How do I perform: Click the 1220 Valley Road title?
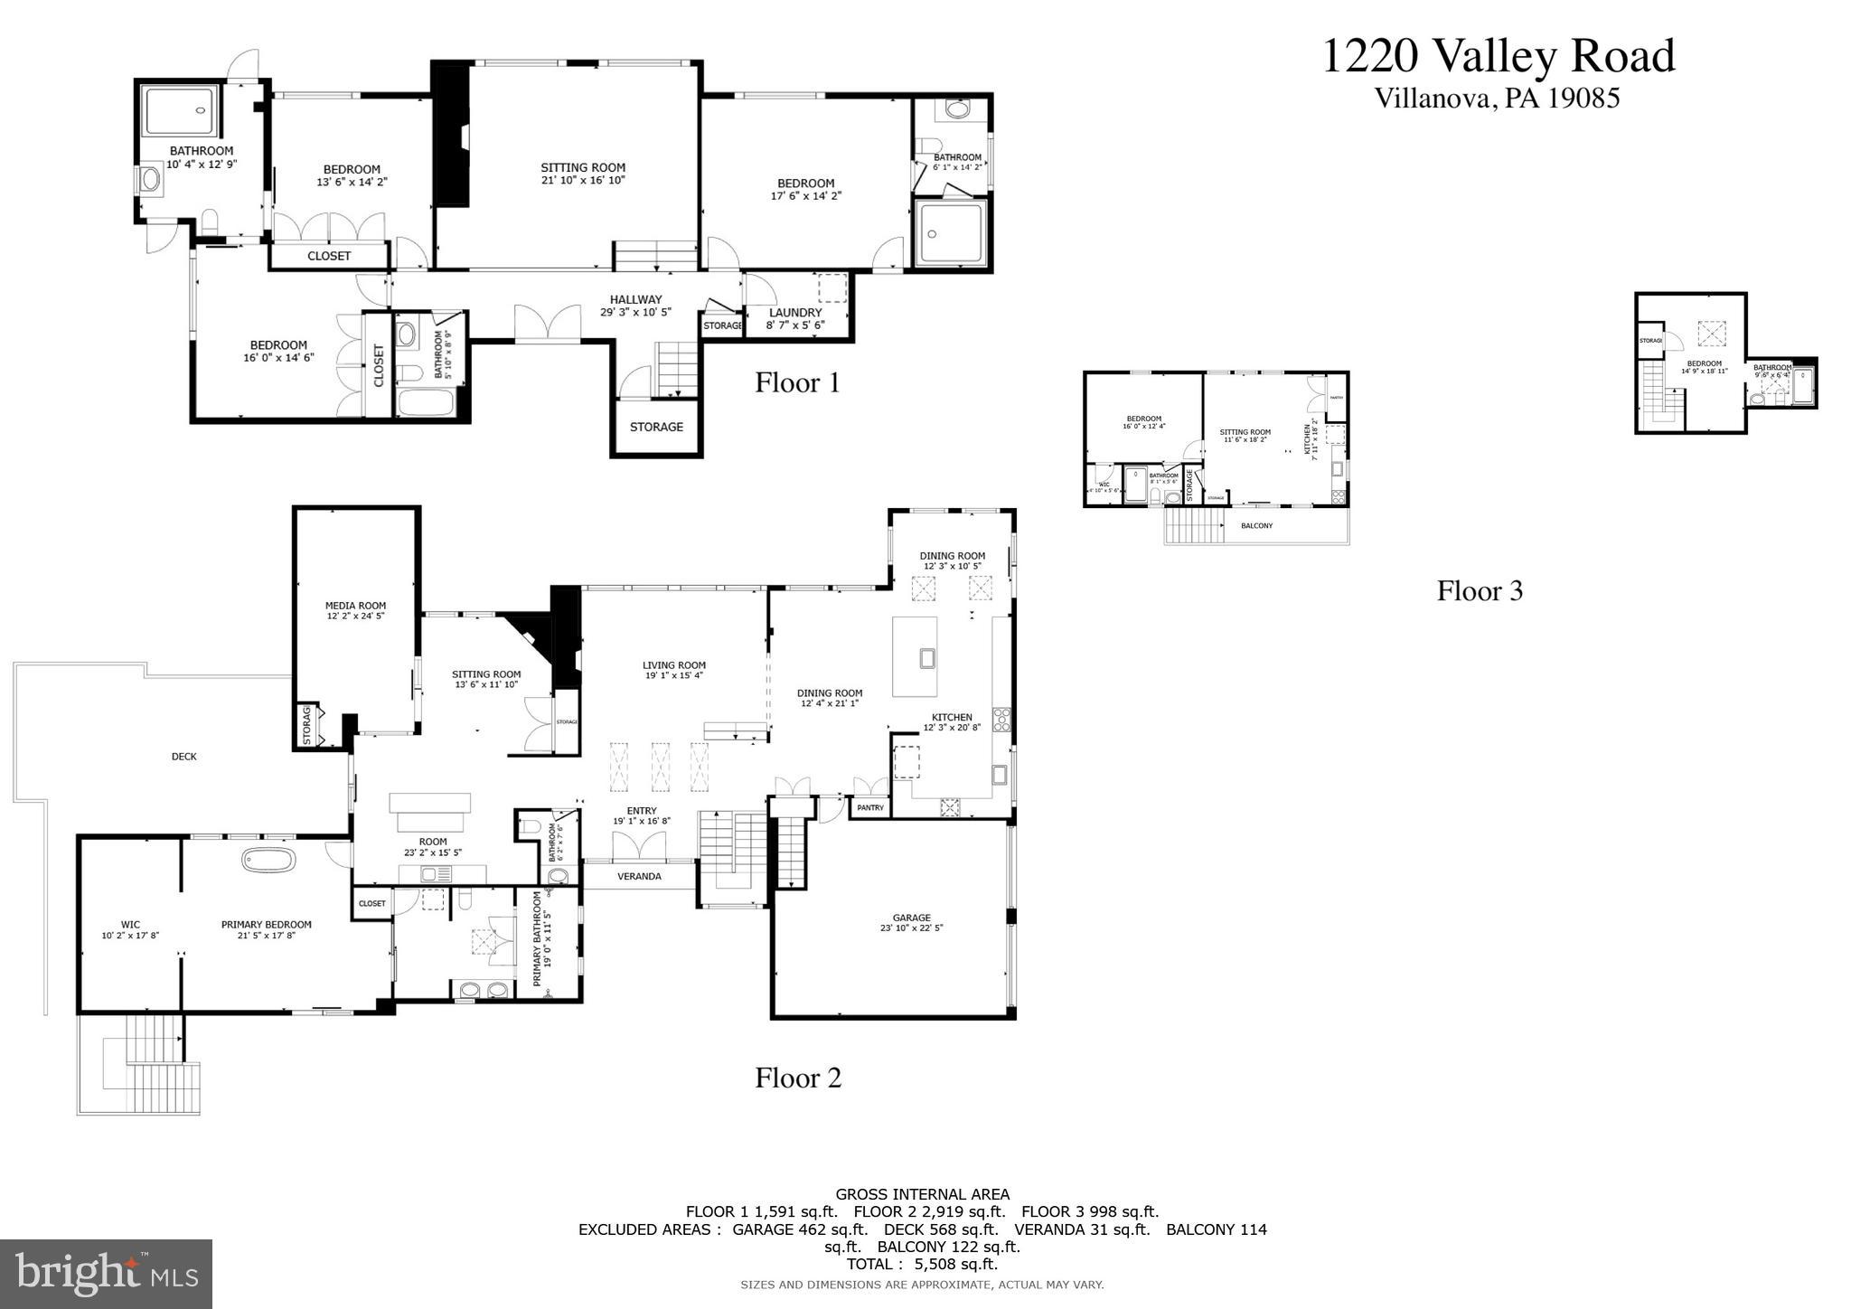coord(1498,56)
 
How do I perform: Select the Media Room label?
coord(355,606)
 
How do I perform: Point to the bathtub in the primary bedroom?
coord(268,859)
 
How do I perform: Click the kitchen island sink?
coord(926,658)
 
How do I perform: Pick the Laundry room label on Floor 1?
coord(795,313)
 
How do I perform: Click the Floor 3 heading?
coord(1480,591)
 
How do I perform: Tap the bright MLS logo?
coord(106,1274)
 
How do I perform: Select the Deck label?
coord(183,757)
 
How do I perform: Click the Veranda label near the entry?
coord(639,876)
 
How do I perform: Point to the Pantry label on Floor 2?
coord(870,807)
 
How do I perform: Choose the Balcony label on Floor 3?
coord(1256,526)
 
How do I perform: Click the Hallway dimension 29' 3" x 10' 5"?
coord(635,312)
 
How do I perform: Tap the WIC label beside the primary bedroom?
coord(130,925)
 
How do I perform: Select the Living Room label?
coord(674,665)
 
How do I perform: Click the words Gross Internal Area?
coord(922,1194)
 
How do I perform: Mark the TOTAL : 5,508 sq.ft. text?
coord(922,1264)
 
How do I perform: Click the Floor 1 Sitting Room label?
coord(583,167)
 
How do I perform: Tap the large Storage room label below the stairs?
coord(656,427)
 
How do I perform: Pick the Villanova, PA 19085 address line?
coord(1497,99)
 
